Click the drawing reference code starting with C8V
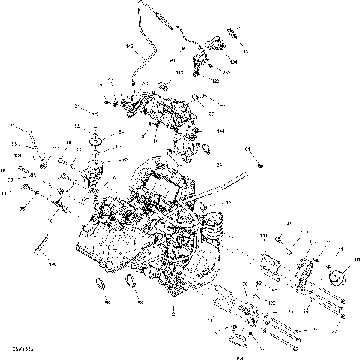click(21, 349)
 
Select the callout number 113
click(179, 74)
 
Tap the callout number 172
click(314, 242)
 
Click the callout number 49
click(289, 223)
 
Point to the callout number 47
click(110, 80)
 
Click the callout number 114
click(97, 147)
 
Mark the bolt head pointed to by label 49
click(278, 240)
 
